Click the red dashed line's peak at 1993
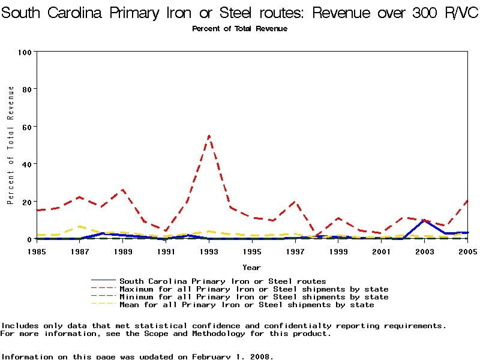click(209, 136)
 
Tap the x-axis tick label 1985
click(37, 251)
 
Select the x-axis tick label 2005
click(467, 251)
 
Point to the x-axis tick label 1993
click(209, 251)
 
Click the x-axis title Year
click(251, 267)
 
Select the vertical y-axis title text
click(11, 145)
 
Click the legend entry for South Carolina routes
click(223, 281)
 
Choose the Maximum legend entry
click(254, 289)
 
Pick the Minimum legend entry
click(254, 297)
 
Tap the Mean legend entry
click(247, 305)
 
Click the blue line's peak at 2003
click(424, 221)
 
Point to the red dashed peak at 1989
click(123, 190)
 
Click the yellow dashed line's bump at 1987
click(80, 227)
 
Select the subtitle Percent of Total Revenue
click(240, 29)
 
